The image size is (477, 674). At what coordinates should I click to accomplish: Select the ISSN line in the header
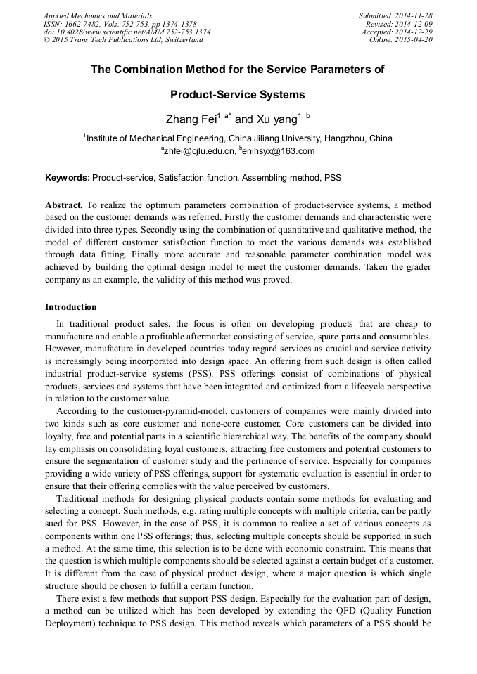click(120, 24)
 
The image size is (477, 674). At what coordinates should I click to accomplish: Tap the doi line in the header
click(127, 32)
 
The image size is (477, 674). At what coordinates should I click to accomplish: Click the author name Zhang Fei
click(189, 120)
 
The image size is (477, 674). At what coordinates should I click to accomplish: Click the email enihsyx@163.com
click(279, 151)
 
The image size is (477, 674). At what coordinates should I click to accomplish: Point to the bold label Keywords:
click(68, 178)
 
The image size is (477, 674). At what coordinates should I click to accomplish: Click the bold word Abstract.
click(64, 205)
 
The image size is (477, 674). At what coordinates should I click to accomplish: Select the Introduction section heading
click(71, 307)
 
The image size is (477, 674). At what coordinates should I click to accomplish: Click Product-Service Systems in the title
click(238, 94)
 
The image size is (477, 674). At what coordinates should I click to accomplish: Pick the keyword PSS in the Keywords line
click(332, 178)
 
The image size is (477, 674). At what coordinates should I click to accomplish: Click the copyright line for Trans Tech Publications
click(123, 40)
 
